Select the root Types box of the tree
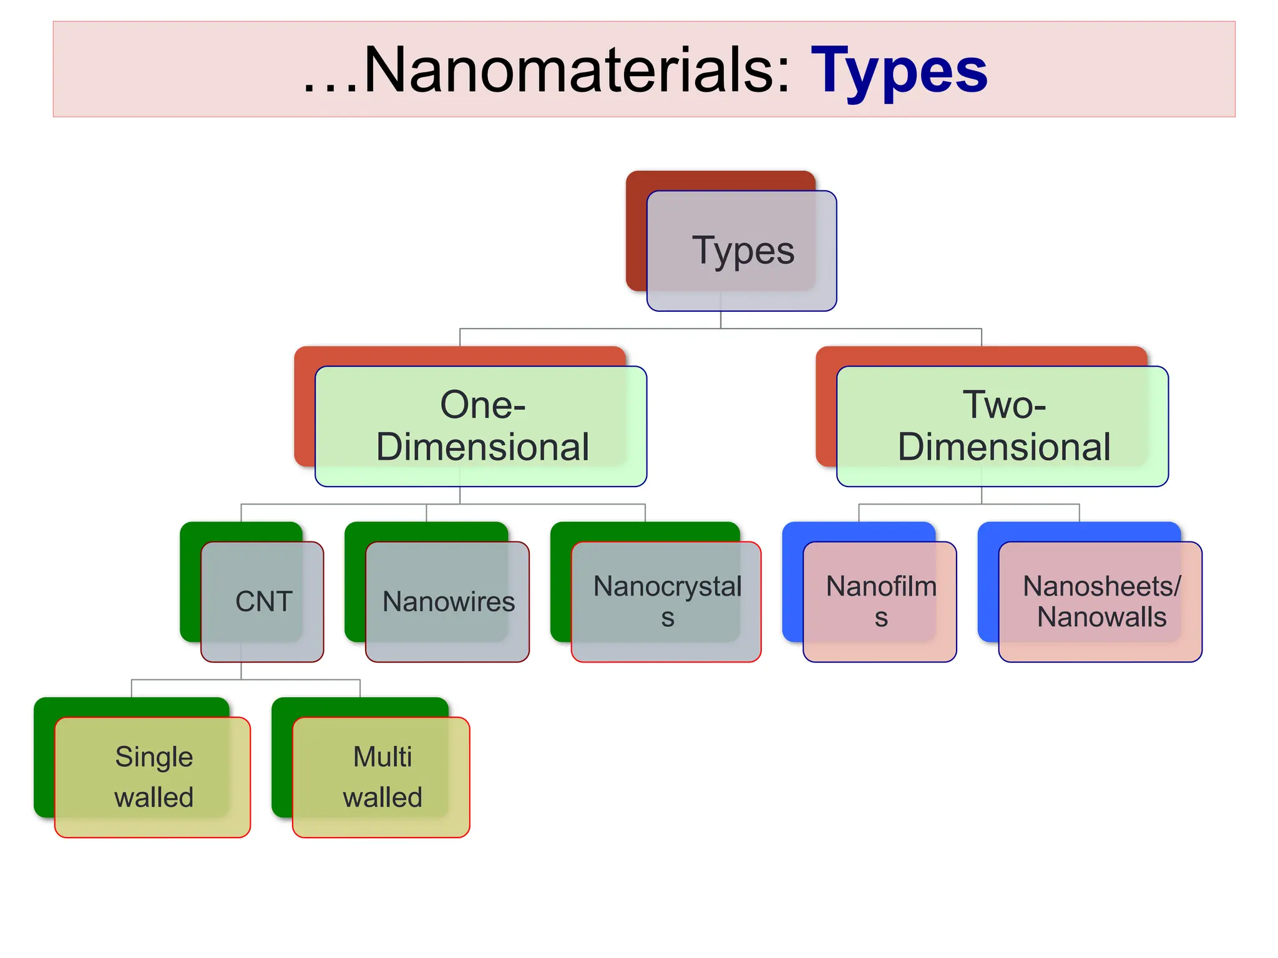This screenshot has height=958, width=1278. tap(741, 251)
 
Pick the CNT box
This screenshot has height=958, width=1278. tap(262, 601)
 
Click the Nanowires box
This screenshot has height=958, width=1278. tap(447, 601)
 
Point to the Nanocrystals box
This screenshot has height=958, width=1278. tap(666, 601)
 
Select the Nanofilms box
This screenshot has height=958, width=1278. tap(880, 601)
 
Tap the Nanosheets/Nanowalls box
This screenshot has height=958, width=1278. tap(1100, 601)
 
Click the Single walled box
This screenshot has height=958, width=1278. tap(153, 777)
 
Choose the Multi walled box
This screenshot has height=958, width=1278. tap(381, 777)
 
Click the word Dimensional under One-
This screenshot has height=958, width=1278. tap(482, 447)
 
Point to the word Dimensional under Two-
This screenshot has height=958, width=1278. tap(1004, 447)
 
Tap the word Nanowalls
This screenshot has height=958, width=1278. tap(1101, 617)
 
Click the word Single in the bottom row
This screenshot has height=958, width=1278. tap(154, 757)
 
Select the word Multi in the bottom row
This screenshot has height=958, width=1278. tap(383, 757)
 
